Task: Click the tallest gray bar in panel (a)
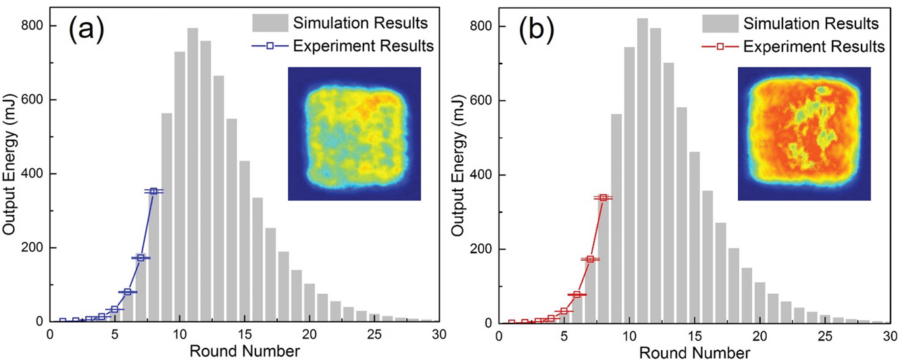point(193,176)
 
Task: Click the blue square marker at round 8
point(154,191)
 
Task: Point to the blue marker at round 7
point(141,258)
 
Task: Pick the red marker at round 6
point(577,294)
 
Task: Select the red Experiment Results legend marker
point(720,47)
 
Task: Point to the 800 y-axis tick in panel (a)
point(31,26)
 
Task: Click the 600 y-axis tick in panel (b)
point(480,100)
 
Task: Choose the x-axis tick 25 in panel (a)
point(374,334)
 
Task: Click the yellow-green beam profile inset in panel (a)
point(354,134)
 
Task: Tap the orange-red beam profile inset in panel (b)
point(804,134)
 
